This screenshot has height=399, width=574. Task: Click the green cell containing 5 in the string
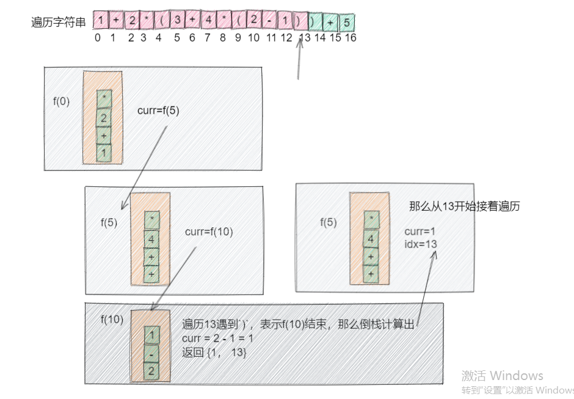tap(347, 23)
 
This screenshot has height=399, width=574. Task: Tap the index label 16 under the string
tap(351, 38)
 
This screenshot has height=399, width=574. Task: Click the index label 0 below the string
tap(98, 38)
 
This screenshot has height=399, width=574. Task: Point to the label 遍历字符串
tap(59, 23)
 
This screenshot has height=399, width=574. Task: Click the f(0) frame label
tap(62, 101)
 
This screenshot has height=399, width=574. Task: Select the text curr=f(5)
tap(158, 111)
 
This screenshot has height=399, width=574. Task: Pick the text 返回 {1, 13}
tap(214, 352)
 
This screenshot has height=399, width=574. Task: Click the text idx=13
tap(420, 244)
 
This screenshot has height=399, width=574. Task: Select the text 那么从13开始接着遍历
tap(464, 207)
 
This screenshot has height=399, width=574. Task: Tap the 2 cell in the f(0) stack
tap(104, 119)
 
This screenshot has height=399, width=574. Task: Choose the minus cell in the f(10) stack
tap(152, 353)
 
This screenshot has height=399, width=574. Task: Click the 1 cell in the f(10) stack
tap(152, 335)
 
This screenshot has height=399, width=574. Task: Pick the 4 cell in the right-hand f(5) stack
tap(371, 238)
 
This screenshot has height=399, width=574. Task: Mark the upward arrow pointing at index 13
tap(299, 61)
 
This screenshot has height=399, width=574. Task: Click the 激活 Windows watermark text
tap(502, 375)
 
